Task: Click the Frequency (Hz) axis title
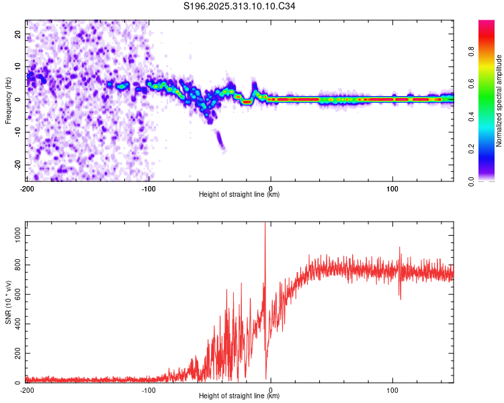(x=8, y=100)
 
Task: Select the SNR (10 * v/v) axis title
(x=8, y=302)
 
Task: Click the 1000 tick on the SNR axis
(x=15, y=231)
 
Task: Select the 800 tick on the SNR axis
(x=16, y=261)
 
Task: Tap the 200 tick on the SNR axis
(x=16, y=353)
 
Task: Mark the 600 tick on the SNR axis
(x=16, y=292)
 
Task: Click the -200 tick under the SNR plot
(x=27, y=390)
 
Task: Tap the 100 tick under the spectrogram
(x=392, y=188)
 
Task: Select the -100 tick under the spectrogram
(x=149, y=188)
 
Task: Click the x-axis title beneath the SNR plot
(x=239, y=396)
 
